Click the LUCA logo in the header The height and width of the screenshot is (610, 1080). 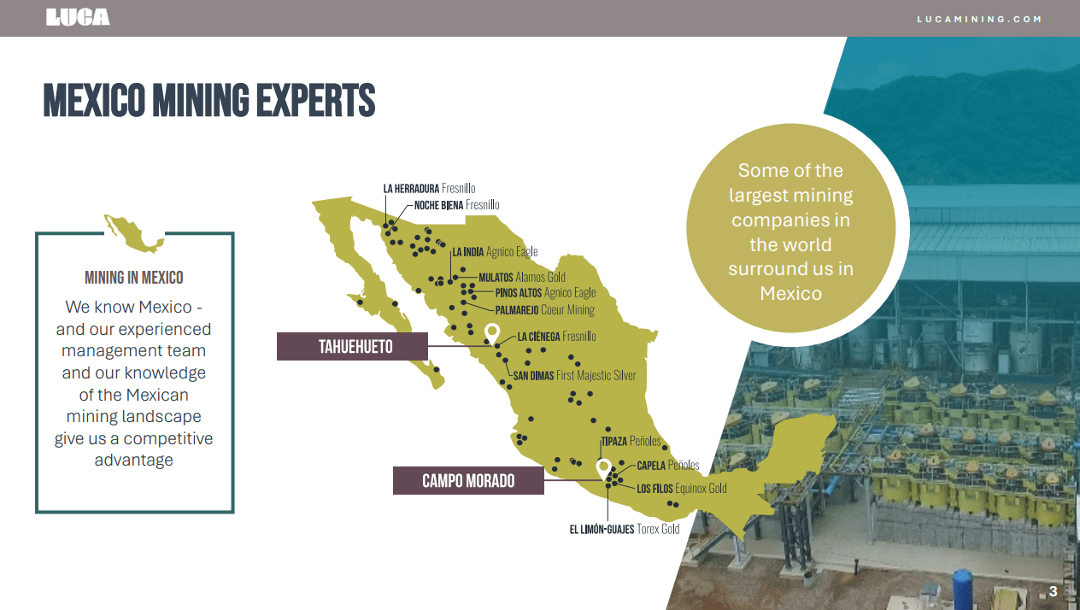pos(78,17)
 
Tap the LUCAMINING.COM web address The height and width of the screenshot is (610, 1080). pos(979,19)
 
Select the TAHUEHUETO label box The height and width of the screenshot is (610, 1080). pos(352,347)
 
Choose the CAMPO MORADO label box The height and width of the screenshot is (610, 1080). pos(468,481)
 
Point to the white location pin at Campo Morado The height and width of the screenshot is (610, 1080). pos(603,467)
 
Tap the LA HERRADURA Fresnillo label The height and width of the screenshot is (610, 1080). pos(429,188)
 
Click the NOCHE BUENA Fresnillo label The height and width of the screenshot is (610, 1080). pos(456,205)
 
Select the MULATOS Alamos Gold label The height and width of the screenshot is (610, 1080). pos(521,278)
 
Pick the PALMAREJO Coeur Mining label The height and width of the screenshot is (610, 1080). pos(544,310)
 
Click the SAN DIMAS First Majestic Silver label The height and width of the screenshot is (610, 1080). pos(574,375)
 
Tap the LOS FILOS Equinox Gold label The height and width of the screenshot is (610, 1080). pos(681,489)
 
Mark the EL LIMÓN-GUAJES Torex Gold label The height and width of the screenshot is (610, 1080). pos(624,529)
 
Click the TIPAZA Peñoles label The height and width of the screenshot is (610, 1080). pos(631,442)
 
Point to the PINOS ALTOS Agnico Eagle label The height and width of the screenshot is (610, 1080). pos(545,293)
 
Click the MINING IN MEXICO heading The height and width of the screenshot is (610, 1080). pos(134,278)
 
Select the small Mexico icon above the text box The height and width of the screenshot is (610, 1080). pos(133,233)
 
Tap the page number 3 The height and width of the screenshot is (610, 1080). pos(1053,591)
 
